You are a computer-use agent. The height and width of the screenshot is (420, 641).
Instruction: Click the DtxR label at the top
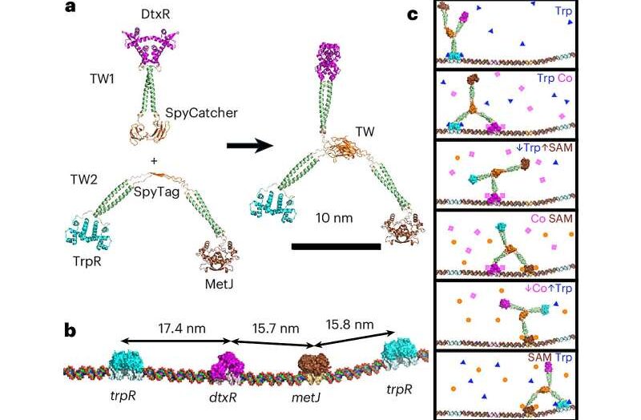155,14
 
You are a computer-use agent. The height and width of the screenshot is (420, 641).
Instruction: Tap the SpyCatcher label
202,113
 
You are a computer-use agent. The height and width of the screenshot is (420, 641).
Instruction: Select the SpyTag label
157,192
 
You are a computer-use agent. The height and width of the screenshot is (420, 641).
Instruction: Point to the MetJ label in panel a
219,284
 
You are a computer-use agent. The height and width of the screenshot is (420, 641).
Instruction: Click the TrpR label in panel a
87,261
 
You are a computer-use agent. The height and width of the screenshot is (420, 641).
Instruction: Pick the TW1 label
102,79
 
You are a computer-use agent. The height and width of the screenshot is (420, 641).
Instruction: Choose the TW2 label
84,179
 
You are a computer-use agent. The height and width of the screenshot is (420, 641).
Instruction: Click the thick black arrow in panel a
249,145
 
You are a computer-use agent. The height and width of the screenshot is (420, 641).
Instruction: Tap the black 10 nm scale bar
336,246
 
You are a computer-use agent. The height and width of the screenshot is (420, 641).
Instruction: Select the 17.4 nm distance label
182,328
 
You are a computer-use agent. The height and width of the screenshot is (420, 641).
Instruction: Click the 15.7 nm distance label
276,329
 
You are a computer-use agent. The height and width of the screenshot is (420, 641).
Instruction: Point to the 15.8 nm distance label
349,325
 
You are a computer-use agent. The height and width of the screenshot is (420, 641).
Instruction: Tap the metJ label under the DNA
306,397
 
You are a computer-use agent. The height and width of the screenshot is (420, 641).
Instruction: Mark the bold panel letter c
413,15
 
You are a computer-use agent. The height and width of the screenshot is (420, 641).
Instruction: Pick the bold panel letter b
71,330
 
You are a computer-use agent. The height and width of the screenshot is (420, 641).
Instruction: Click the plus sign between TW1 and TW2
154,161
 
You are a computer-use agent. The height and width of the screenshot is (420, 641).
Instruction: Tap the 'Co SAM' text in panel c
552,218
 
